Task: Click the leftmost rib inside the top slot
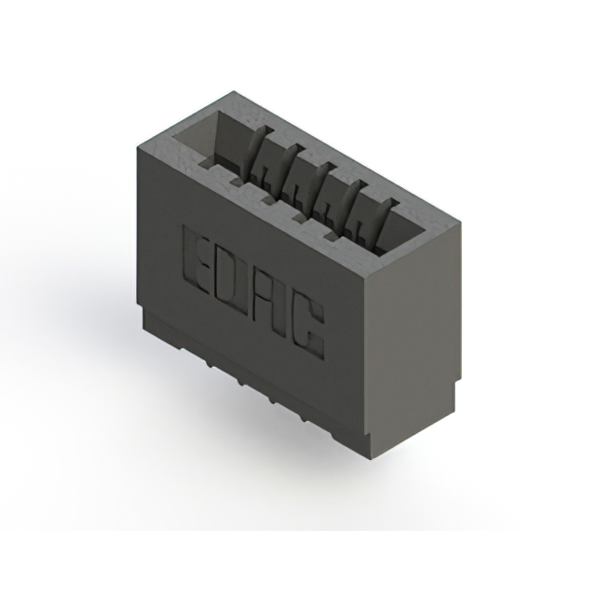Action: coord(261,151)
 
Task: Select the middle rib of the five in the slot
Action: coord(319,187)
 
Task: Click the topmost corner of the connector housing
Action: coord(233,91)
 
